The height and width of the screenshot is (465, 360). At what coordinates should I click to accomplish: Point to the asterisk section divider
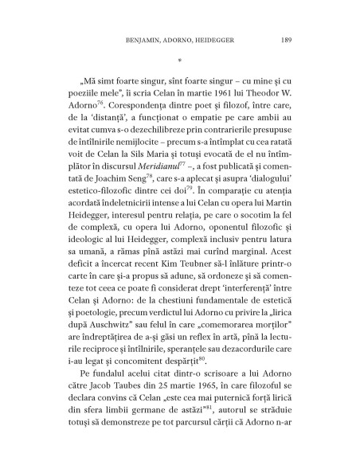tap(180, 58)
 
